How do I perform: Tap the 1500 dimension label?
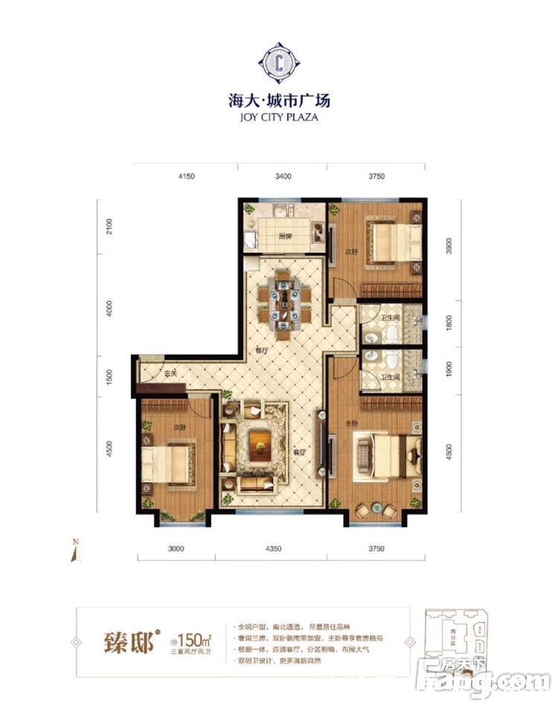click(109, 376)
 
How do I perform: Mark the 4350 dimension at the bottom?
click(271, 549)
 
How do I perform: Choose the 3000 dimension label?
click(176, 549)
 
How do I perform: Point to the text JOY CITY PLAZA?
click(278, 116)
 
